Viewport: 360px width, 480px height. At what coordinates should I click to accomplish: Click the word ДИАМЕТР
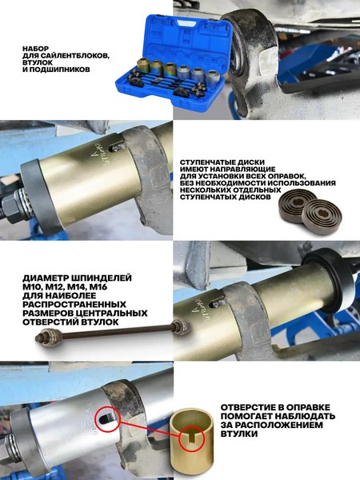(x=51, y=277)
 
